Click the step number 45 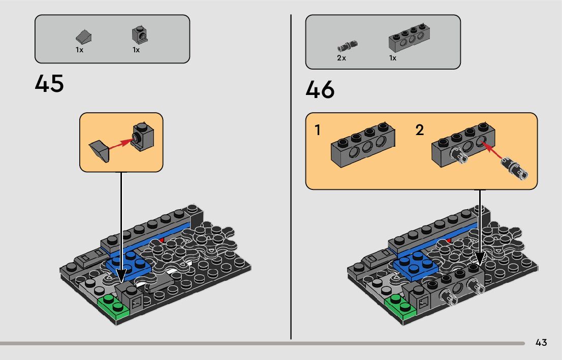[49, 83]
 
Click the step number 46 [320, 90]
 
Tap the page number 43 [541, 343]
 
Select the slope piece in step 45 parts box [83, 37]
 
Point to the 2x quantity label [341, 58]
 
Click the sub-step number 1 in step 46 [318, 130]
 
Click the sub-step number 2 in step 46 [419, 130]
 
